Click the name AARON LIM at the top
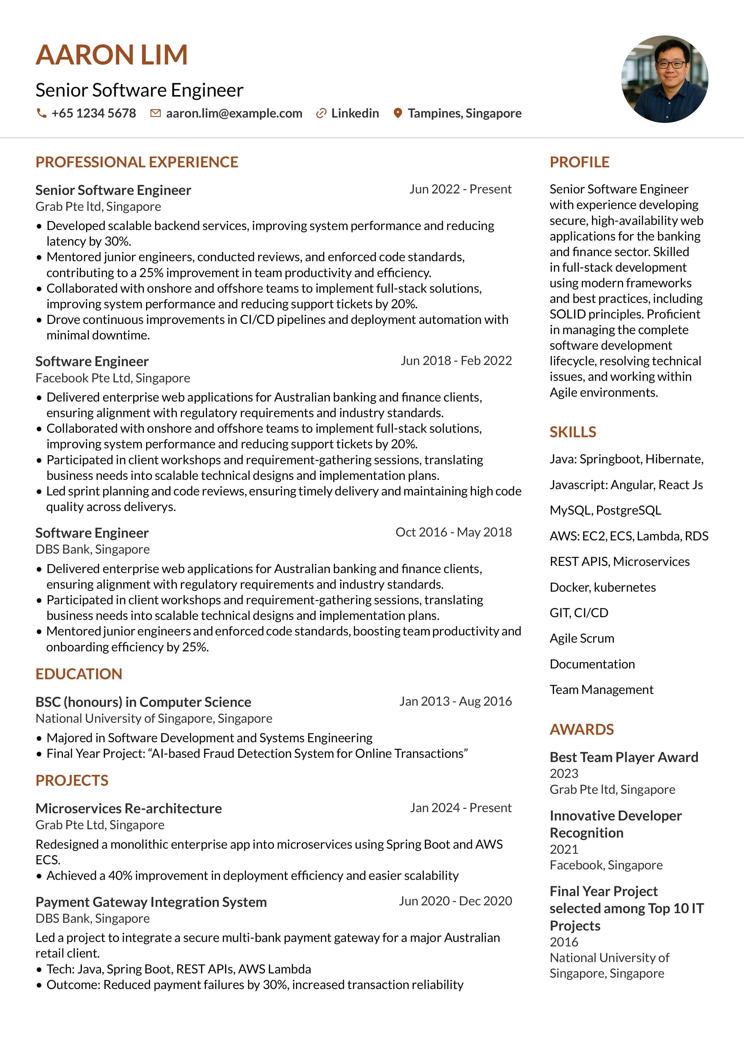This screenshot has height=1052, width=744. [x=112, y=55]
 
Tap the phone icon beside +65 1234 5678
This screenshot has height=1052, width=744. [x=41, y=113]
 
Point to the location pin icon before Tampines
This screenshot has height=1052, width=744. [x=398, y=113]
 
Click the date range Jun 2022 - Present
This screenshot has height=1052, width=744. [x=460, y=189]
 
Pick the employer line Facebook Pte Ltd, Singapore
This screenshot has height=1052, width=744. [x=113, y=378]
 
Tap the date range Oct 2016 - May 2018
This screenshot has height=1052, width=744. [x=453, y=532]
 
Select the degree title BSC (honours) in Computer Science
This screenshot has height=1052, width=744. [x=143, y=702]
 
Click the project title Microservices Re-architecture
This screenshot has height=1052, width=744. [x=128, y=808]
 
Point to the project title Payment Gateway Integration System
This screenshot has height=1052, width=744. [x=151, y=902]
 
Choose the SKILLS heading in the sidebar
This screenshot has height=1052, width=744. [x=573, y=432]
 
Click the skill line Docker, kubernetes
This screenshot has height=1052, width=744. [x=602, y=587]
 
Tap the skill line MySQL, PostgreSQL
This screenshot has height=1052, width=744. [x=605, y=510]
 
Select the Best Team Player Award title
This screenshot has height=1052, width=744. [x=623, y=757]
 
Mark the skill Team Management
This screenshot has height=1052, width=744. [x=601, y=689]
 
